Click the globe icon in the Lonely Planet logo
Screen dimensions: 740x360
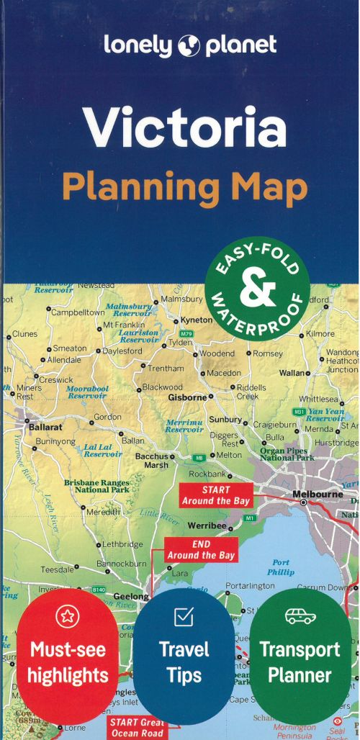[189, 45]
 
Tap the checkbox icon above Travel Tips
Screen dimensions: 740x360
[184, 617]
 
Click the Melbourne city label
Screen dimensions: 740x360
[318, 495]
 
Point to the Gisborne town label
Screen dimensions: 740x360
[187, 397]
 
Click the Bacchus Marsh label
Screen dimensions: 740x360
[152, 460]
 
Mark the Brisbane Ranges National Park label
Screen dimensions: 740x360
[96, 486]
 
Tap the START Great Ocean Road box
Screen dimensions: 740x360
[137, 727]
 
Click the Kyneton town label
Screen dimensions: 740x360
[197, 320]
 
